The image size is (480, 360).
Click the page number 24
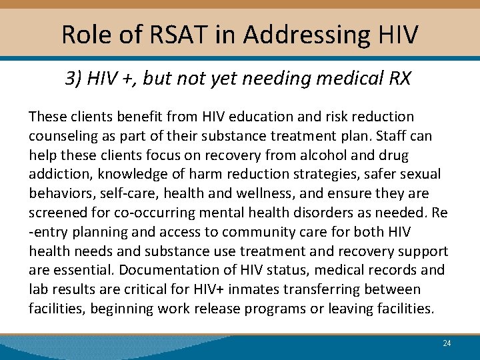(x=447, y=343)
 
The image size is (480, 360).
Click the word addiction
(x=59, y=175)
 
